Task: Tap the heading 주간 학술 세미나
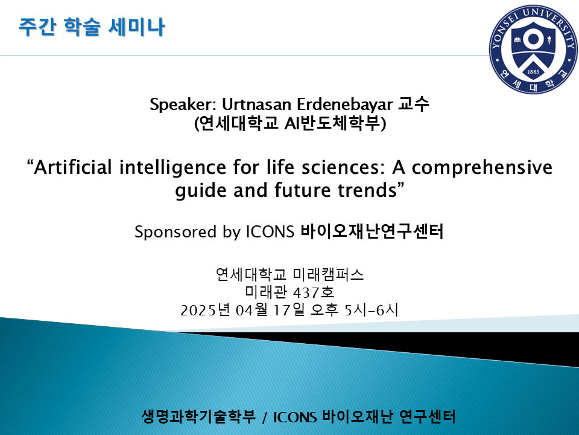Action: tap(92, 27)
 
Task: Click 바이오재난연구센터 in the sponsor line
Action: tap(372, 232)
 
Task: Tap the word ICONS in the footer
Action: tap(296, 417)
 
